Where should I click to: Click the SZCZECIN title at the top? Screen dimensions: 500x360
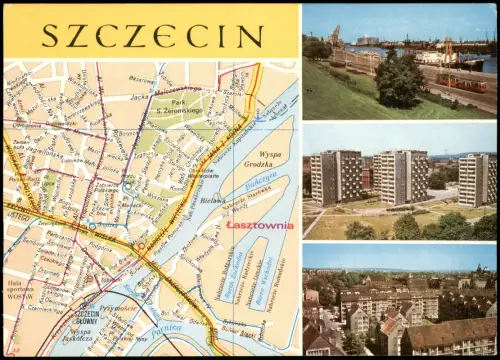(x=151, y=36)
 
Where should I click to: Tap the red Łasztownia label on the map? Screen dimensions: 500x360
(x=259, y=225)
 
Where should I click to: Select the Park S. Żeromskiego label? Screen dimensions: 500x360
(x=179, y=107)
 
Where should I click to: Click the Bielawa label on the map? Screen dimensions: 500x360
(x=212, y=200)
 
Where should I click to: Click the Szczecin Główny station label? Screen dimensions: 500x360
(x=84, y=317)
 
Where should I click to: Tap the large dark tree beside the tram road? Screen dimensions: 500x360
(x=400, y=80)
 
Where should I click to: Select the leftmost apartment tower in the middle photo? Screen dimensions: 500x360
(x=336, y=177)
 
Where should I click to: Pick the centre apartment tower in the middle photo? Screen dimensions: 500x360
(x=403, y=177)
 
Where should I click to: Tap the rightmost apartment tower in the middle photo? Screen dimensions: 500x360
(x=474, y=180)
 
